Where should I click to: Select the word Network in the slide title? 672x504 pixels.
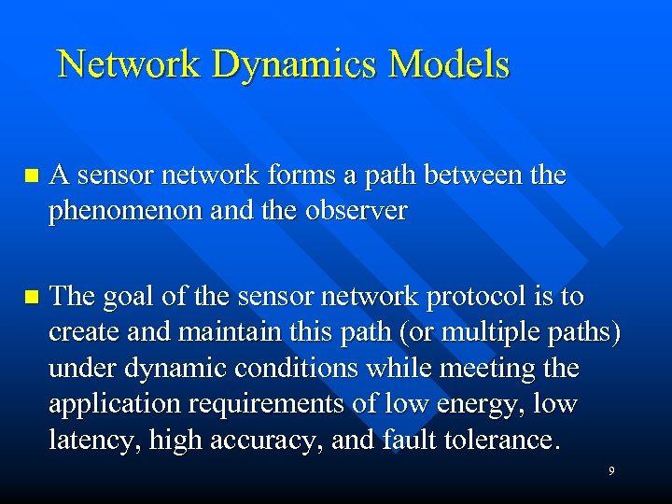tap(129, 64)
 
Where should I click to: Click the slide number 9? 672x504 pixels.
tap(611, 471)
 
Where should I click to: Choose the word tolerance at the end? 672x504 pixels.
tap(497, 439)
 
